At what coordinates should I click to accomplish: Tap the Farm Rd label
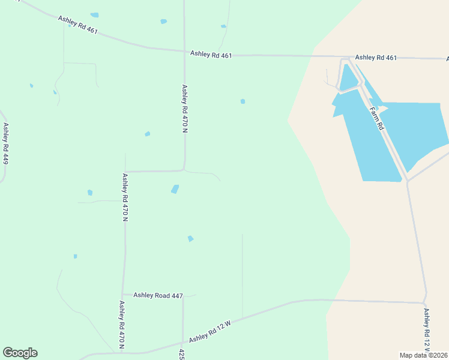click(x=376, y=119)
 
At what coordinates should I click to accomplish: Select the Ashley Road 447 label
click(x=158, y=295)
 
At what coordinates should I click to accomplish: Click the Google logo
click(x=20, y=353)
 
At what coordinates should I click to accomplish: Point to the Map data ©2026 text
click(x=423, y=355)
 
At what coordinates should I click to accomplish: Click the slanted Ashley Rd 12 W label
click(x=209, y=331)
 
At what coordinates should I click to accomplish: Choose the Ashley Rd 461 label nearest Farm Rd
click(x=376, y=58)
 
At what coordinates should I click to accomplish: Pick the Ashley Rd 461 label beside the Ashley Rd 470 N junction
click(x=211, y=54)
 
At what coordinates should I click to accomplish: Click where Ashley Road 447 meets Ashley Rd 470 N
click(x=123, y=295)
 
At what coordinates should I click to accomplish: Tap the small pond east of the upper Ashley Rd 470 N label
click(x=243, y=101)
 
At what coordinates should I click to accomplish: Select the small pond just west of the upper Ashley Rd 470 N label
click(x=147, y=134)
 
